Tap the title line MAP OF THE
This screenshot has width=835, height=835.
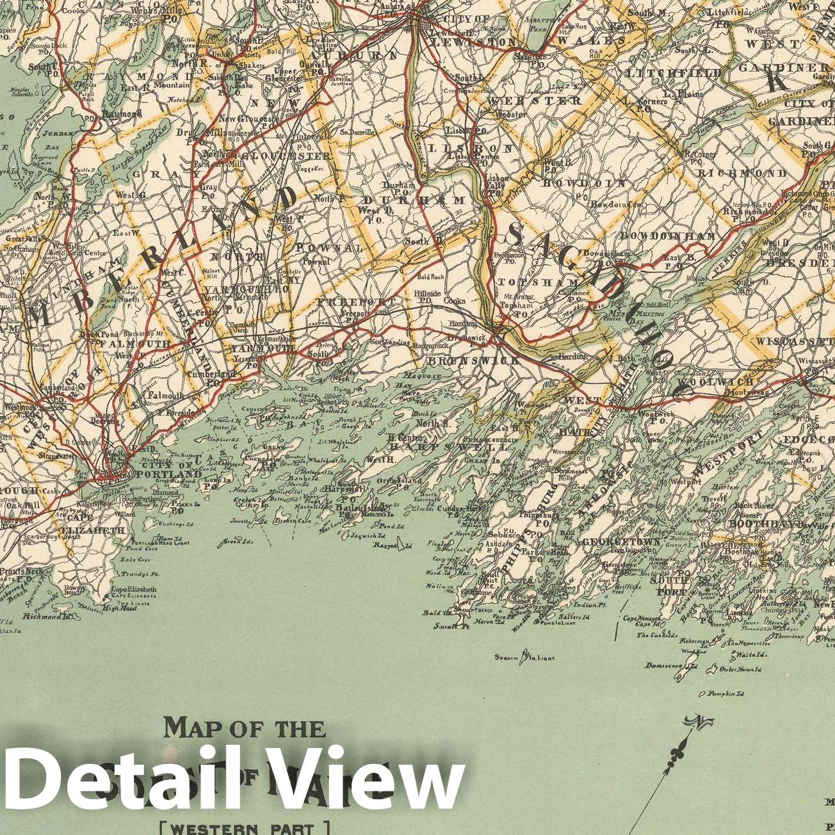[x=245, y=728]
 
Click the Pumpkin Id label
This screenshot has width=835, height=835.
[x=726, y=693]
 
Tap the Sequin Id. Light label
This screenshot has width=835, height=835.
[x=524, y=657]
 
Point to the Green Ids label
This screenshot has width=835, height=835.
[x=236, y=543]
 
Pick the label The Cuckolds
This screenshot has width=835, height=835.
[x=656, y=636]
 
